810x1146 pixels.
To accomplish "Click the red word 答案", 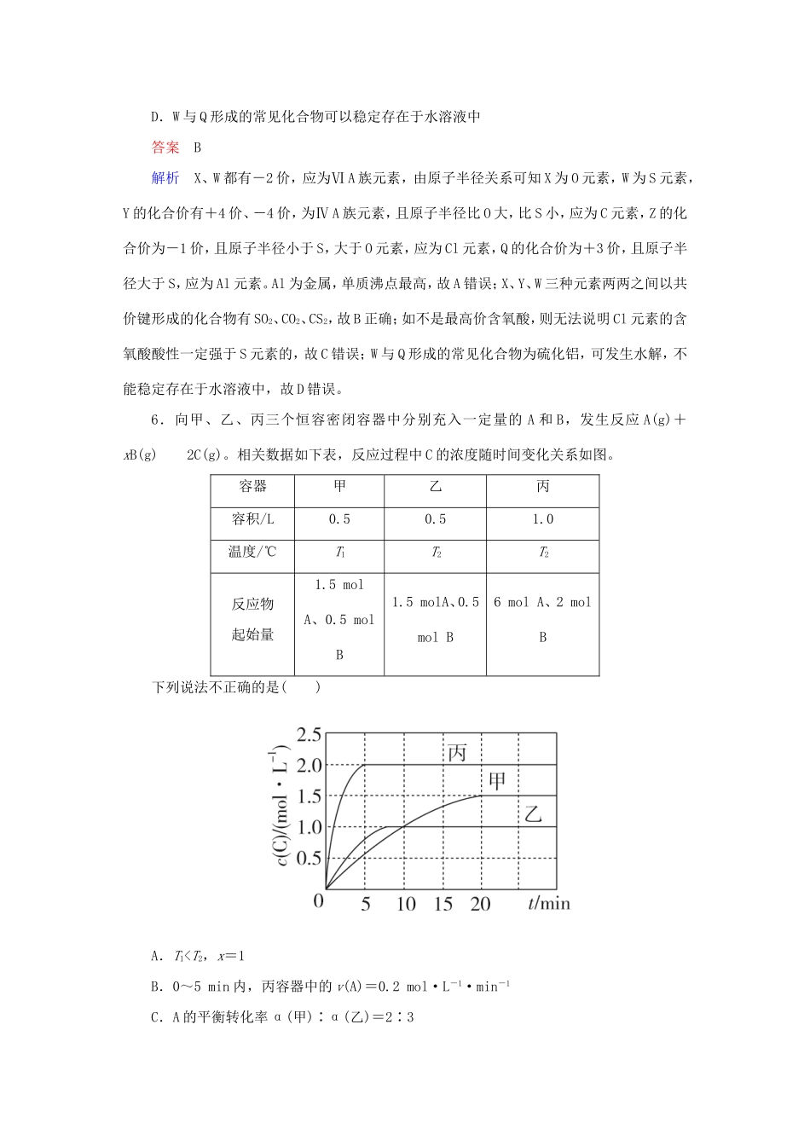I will (x=165, y=148).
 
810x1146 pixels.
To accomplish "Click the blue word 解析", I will (x=165, y=178).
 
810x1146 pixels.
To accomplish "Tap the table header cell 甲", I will (x=339, y=486).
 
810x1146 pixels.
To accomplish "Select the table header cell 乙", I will (x=435, y=486).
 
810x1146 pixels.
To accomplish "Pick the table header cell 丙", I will (x=542, y=486).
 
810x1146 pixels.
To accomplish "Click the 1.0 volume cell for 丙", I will (x=542, y=519).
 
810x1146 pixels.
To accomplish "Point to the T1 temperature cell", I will (x=339, y=553).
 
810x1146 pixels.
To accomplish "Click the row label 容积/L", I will (x=252, y=519).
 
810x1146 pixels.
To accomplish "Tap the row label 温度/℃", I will (x=252, y=552).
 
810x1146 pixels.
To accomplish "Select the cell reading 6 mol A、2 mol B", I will (x=542, y=619).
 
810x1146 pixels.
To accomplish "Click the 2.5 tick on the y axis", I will (x=309, y=734).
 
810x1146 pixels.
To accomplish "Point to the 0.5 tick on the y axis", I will (x=309, y=858).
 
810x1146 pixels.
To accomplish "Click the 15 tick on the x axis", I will (x=443, y=904).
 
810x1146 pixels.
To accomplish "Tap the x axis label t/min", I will (x=548, y=903).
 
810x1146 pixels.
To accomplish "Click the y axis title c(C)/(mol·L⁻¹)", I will (x=281, y=807).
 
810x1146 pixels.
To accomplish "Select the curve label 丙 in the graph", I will (x=457, y=753).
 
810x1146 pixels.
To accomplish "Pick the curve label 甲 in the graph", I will (x=497, y=781).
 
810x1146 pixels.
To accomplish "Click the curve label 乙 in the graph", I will (x=533, y=813).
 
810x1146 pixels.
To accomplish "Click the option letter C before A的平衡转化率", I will (x=155, y=1017).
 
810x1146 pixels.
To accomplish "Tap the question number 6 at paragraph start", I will (x=155, y=420).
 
